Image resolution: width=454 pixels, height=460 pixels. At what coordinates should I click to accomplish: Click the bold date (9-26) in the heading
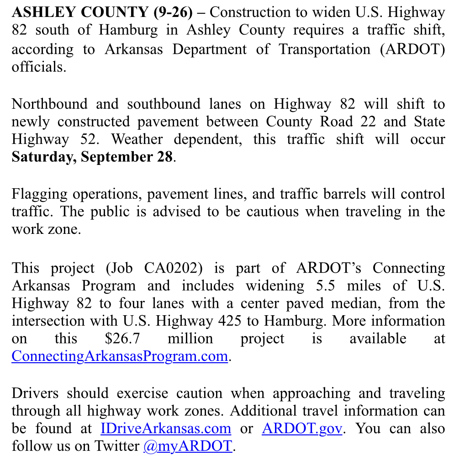tap(174, 12)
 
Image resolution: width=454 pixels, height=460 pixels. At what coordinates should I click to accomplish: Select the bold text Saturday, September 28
tap(93, 157)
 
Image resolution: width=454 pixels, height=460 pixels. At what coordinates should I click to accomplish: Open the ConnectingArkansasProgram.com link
tap(120, 356)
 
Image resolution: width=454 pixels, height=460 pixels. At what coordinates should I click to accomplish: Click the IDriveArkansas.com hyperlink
tap(166, 428)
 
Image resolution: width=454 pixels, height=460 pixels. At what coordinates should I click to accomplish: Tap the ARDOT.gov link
tap(301, 428)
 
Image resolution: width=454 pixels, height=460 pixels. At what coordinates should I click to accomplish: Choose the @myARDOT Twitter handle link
tap(188, 446)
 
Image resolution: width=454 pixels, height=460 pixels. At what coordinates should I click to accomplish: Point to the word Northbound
tap(49, 104)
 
